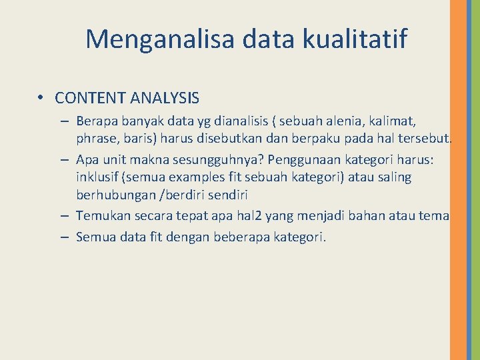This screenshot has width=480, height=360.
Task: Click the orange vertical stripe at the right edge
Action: [x=458, y=180]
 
